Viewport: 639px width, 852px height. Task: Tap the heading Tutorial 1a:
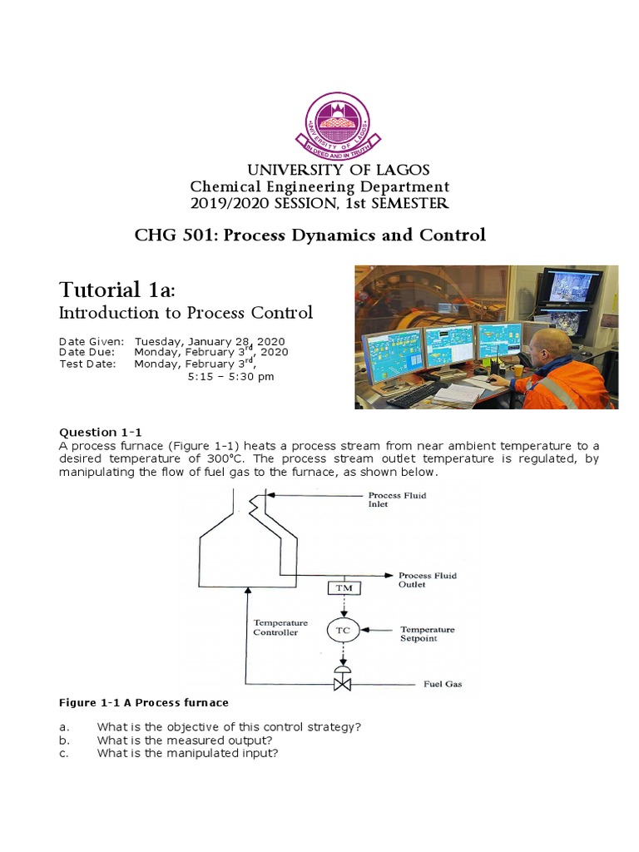pos(116,290)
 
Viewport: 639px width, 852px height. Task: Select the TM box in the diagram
pos(342,588)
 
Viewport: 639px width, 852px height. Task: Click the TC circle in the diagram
pos(342,630)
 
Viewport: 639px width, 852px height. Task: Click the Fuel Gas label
pos(442,685)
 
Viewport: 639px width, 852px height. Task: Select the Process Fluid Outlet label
pos(427,580)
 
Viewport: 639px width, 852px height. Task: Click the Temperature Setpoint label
pos(427,634)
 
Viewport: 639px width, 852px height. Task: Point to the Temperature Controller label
pos(280,627)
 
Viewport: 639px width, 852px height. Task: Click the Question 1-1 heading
pos(101,432)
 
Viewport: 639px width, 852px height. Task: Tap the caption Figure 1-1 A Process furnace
pos(143,703)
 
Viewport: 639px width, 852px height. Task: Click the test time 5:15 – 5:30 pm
pos(231,376)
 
